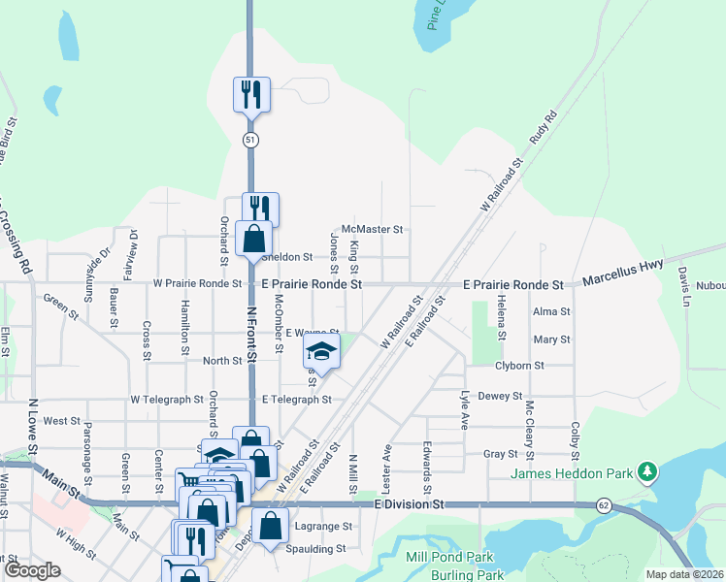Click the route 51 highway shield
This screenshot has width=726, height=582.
(250, 141)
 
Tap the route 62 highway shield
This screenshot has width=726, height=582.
(604, 505)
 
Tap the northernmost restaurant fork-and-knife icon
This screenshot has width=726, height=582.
(250, 94)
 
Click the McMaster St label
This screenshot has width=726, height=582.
(372, 230)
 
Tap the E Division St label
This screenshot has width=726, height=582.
(409, 505)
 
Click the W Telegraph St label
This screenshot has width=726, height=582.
(166, 399)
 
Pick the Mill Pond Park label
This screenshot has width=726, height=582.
(450, 558)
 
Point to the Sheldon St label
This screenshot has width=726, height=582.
(286, 257)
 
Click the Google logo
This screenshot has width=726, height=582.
(33, 570)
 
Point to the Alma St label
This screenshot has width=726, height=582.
(551, 311)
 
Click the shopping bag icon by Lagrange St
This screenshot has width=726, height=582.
(271, 527)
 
